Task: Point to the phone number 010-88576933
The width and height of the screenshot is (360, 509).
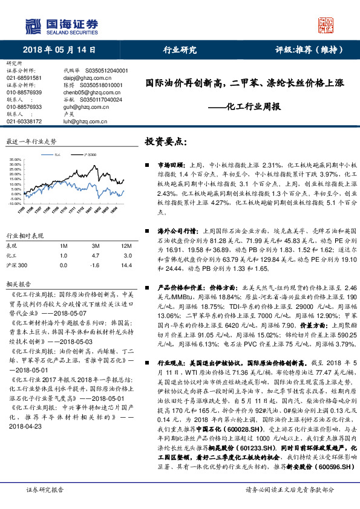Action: [x=24, y=106]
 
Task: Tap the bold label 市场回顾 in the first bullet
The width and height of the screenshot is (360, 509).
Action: [x=170, y=165]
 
